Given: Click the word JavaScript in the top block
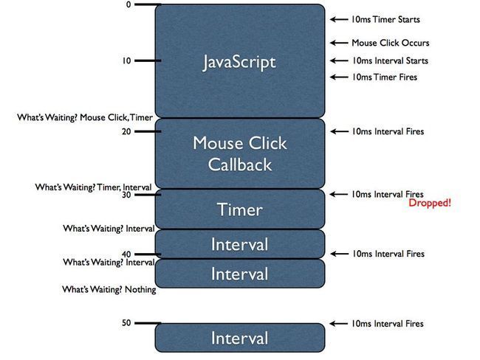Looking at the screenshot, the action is [x=239, y=62].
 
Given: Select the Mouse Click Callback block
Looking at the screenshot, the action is [x=240, y=153].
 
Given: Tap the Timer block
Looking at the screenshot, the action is [x=240, y=210].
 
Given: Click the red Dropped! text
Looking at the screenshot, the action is [x=430, y=203].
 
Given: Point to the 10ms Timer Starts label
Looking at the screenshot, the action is [x=385, y=20].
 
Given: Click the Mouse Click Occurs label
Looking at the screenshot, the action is [x=391, y=43].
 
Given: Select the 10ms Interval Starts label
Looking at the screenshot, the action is [x=390, y=60].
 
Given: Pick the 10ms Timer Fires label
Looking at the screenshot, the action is [x=384, y=77].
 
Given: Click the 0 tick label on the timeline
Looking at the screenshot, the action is [x=128, y=4].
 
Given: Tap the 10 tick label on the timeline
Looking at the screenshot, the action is [x=127, y=60].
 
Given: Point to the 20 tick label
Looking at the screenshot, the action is [x=126, y=131].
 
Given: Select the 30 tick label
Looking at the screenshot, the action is [x=126, y=195].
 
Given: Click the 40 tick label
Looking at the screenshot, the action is [x=126, y=255].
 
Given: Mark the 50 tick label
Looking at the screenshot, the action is [x=126, y=323].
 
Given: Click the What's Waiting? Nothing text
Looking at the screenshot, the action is [x=109, y=289].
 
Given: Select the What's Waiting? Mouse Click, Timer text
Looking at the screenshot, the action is [x=85, y=117].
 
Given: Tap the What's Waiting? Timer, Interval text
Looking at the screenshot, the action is [x=93, y=187].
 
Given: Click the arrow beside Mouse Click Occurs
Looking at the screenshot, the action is [x=339, y=43].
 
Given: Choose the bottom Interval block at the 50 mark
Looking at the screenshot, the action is [x=240, y=338].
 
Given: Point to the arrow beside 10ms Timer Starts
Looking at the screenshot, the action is [x=339, y=20].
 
